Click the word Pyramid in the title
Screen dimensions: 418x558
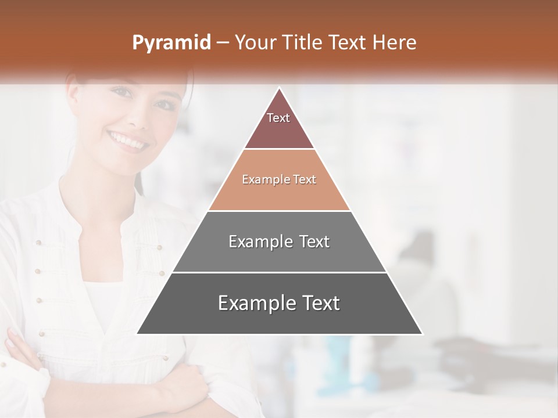click(171, 43)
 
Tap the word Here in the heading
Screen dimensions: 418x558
click(394, 42)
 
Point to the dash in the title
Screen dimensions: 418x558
click(222, 43)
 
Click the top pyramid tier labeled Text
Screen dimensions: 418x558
click(278, 125)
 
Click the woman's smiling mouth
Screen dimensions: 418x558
click(127, 140)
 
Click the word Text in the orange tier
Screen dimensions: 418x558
click(304, 179)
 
